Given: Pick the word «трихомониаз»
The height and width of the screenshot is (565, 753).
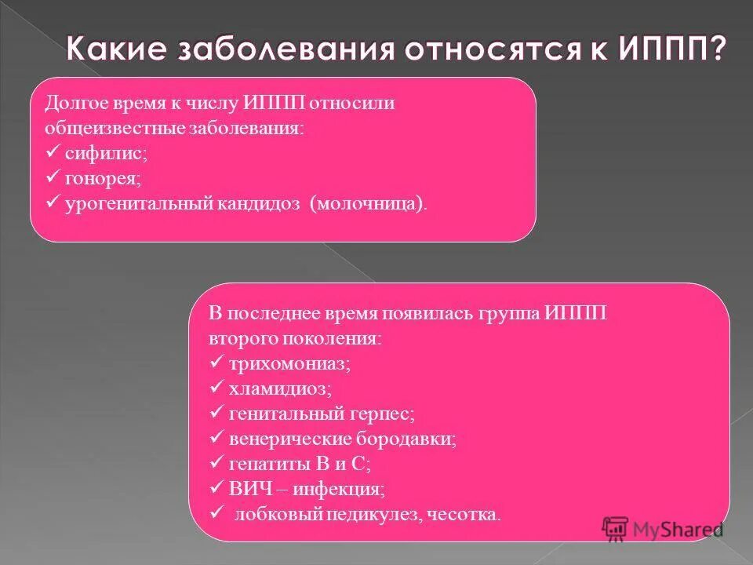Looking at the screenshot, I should pyautogui.click(x=289, y=364).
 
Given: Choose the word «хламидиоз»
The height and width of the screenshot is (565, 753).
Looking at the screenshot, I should pyautogui.click(x=279, y=388).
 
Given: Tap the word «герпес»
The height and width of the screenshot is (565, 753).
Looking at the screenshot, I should pyautogui.click(x=380, y=414).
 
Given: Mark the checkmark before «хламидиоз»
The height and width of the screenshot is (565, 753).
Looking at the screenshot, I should pyautogui.click(x=217, y=388).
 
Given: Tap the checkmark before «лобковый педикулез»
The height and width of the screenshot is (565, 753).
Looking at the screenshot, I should pyautogui.click(x=217, y=514).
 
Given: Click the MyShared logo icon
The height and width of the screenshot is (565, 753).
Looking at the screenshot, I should pyautogui.click(x=616, y=528).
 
